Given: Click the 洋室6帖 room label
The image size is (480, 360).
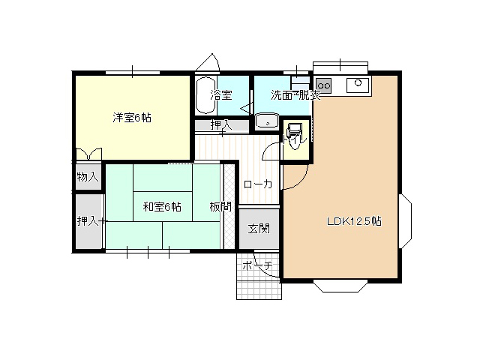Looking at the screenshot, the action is tap(132, 118).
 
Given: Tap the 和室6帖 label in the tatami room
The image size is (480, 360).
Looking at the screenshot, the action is tap(162, 207).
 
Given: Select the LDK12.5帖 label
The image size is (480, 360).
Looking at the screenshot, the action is tap(354, 221).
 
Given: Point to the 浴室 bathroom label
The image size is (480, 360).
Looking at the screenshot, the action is tap(221, 95).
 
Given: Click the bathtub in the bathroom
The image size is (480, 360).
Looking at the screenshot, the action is tap(205, 95).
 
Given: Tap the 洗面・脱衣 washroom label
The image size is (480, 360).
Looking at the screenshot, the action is tap(295, 95).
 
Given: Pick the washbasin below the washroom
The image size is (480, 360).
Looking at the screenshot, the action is tap(267, 121).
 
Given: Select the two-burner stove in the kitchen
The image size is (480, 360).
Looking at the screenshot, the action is tap(323, 85).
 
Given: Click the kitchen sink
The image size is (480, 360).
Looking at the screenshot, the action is tap(358, 85).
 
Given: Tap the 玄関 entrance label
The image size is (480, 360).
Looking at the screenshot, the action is tap(259, 228).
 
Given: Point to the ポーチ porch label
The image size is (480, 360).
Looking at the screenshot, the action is tap(257, 265).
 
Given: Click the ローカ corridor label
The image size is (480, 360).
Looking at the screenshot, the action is tap(258, 184).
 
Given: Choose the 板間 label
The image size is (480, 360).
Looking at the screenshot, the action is tap(220, 207).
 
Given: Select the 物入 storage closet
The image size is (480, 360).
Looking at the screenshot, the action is tap(88, 177).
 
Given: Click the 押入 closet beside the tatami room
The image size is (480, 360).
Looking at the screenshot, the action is tap(88, 221).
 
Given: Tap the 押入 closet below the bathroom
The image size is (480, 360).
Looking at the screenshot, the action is tap(222, 125).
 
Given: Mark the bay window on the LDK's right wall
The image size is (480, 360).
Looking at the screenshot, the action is tap(406, 221).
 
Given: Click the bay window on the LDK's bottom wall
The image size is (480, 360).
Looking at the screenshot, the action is tap(340, 286).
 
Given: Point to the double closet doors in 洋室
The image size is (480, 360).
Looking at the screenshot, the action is tap(88, 154).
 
